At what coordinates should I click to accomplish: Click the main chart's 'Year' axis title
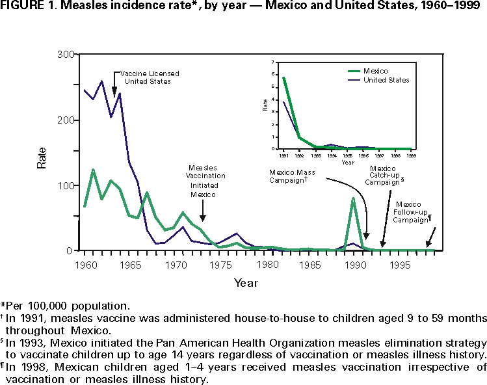tap(246, 283)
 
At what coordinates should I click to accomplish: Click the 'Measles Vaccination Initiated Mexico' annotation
tap(207, 180)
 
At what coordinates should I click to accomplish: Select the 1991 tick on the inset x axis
tap(284, 155)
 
